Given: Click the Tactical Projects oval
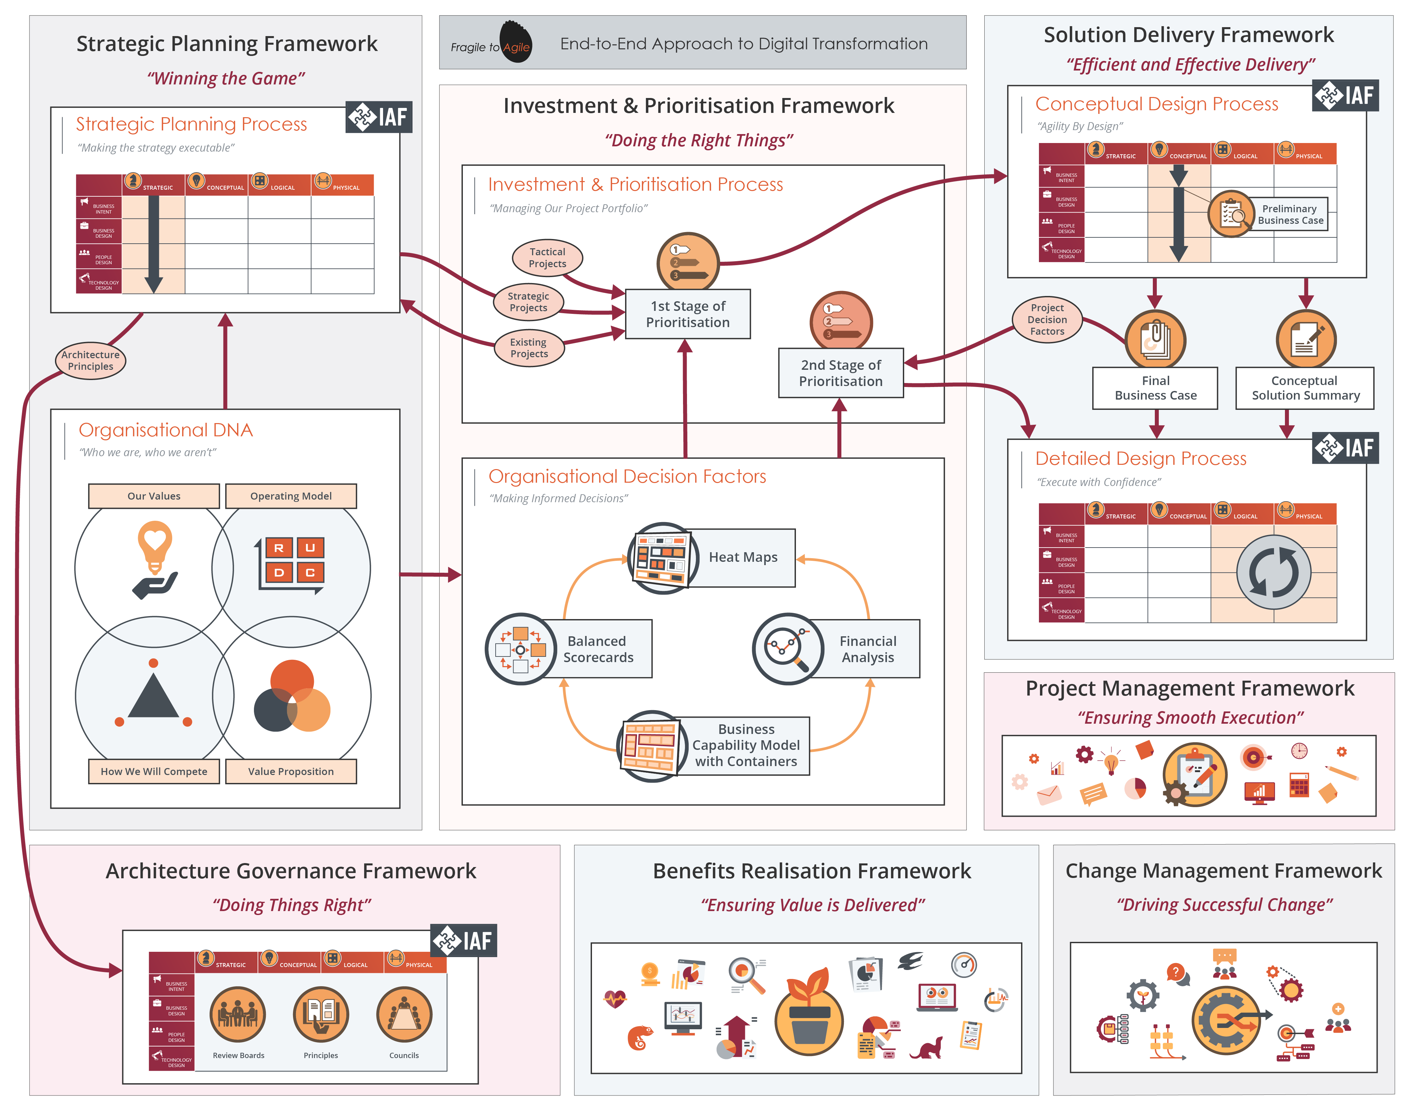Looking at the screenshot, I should [547, 258].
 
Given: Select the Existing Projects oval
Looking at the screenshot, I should [529, 348].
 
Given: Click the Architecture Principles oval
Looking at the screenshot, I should [90, 360].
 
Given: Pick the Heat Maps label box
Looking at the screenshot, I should [743, 557].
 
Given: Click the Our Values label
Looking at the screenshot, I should [154, 496].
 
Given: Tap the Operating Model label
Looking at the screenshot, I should [291, 496].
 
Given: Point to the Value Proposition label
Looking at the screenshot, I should [291, 772].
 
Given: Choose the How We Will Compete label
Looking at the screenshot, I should [154, 772].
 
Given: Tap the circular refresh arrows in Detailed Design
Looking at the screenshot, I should [1273, 572].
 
